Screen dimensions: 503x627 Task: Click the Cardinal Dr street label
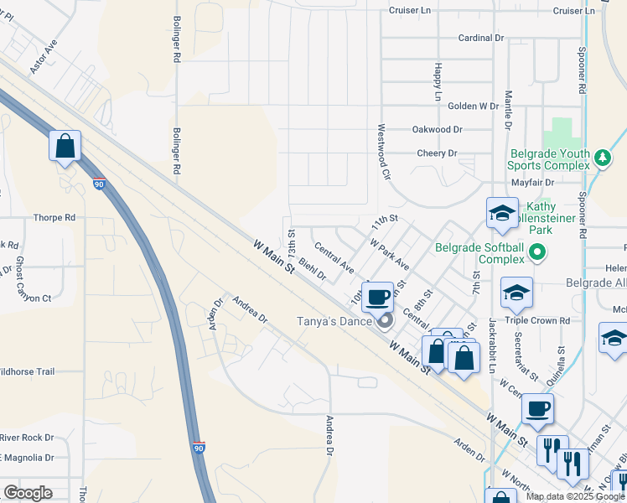coord(480,39)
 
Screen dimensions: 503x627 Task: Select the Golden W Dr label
coord(473,106)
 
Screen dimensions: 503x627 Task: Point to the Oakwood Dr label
coord(437,130)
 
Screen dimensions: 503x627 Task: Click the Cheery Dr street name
coord(437,153)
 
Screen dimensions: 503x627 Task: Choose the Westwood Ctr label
coord(383,153)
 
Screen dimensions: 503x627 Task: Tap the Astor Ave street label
coord(44,56)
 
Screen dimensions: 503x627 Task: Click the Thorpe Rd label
coord(54,218)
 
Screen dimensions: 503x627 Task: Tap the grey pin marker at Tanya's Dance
coord(385,320)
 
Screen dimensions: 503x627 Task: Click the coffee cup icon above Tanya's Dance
coord(378,295)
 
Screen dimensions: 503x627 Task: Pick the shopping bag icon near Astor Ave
coord(65,147)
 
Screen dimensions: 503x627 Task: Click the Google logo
coord(28,493)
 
